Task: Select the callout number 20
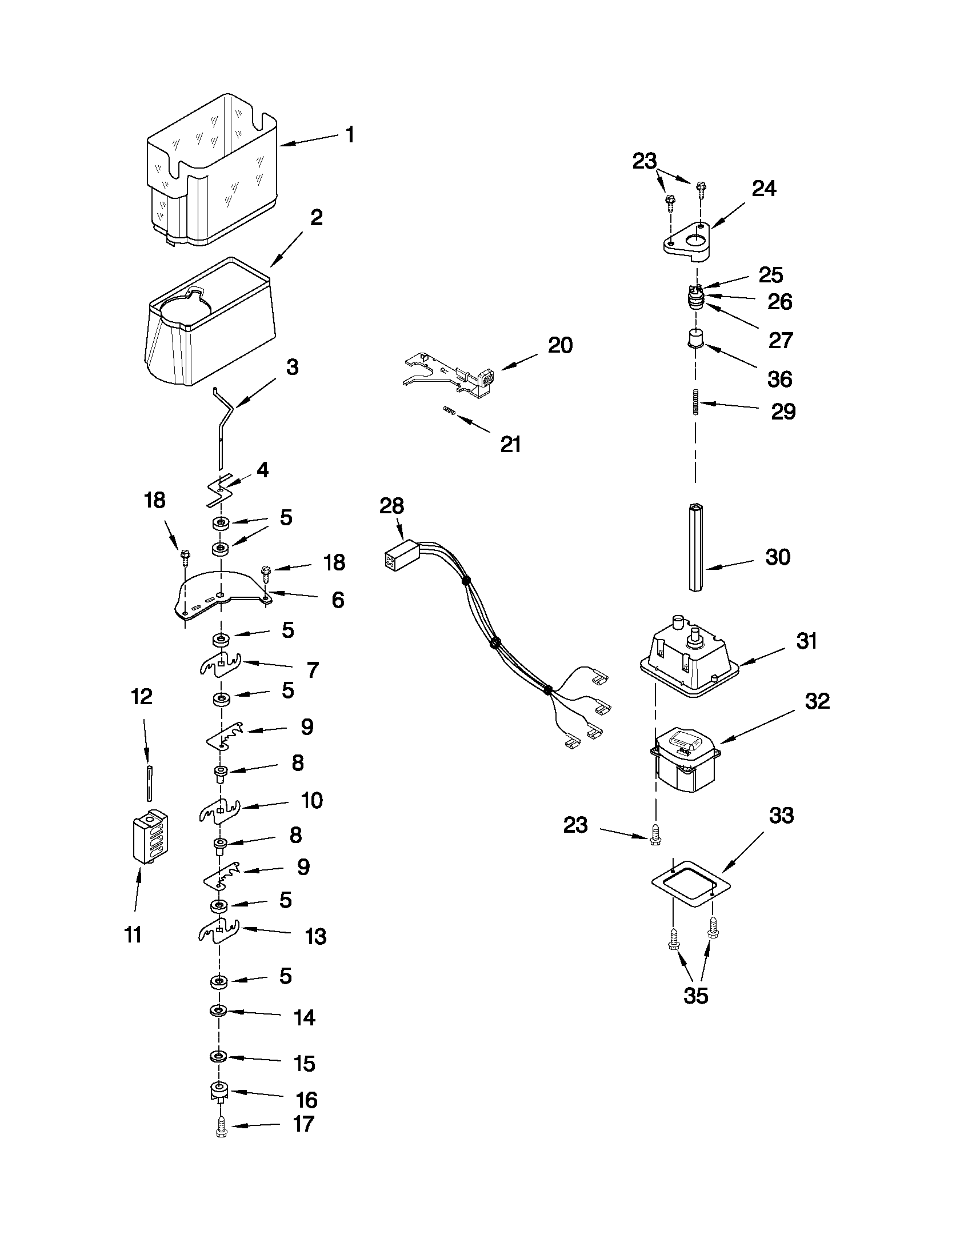(559, 346)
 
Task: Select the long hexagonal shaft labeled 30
(695, 547)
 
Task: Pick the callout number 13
(315, 937)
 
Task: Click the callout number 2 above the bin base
(316, 218)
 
